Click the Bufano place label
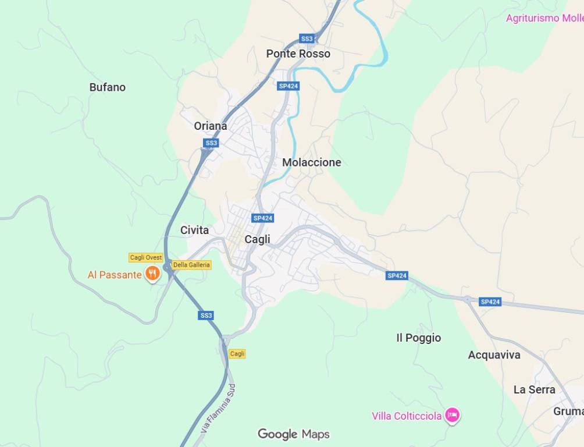tap(107, 87)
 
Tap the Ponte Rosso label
tap(298, 54)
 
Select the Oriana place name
tap(211, 126)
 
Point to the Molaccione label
tap(311, 162)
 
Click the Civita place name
tap(194, 230)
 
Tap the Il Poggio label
tap(418, 338)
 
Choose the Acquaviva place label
tap(494, 354)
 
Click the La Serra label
tap(534, 389)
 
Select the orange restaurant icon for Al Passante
tap(152, 274)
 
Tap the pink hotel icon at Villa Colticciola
tap(453, 415)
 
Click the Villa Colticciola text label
tap(407, 416)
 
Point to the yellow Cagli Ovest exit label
tap(146, 257)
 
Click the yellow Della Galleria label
tap(191, 265)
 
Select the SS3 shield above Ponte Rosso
tap(307, 38)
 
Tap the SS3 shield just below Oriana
tap(211, 143)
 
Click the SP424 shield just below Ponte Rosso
tap(289, 86)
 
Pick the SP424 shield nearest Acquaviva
tap(490, 301)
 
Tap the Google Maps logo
tap(293, 434)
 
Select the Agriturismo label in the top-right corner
tap(544, 18)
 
